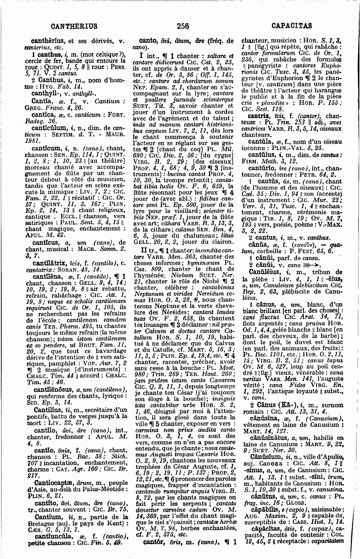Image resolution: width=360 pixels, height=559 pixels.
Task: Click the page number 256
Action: [x=183, y=26]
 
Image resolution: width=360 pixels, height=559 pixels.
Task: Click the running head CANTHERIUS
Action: [x=74, y=26]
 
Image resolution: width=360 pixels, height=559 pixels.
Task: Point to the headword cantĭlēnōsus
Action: [x=53, y=389]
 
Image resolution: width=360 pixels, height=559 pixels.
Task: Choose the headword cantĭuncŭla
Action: [x=53, y=536]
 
